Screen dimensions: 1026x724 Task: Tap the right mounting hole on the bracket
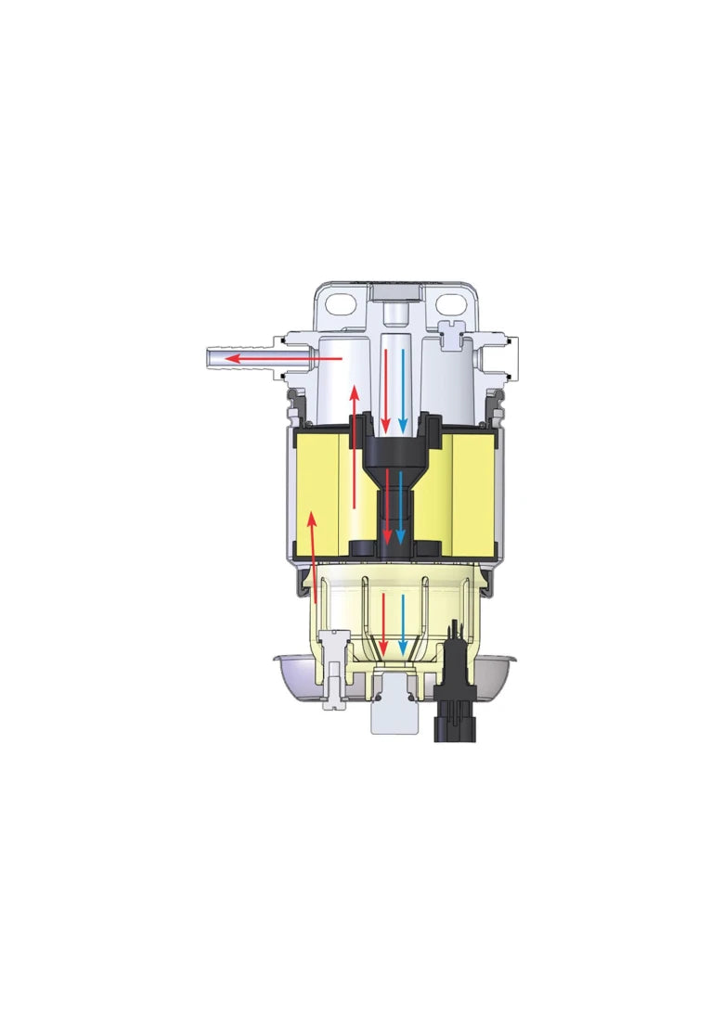pyautogui.click(x=452, y=303)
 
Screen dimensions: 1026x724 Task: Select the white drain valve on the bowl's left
pyautogui.click(x=333, y=673)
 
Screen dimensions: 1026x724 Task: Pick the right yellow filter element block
pyautogui.click(x=469, y=492)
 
